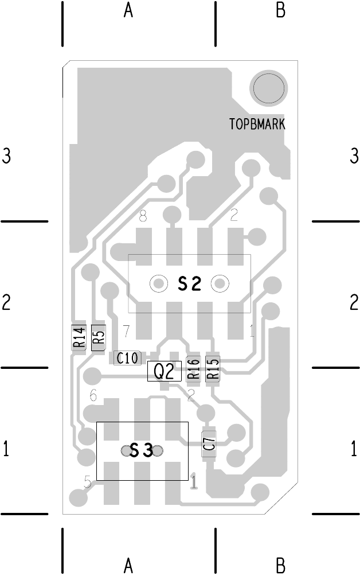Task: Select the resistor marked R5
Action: [99, 337]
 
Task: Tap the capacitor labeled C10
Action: [127, 359]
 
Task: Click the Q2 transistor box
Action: [164, 372]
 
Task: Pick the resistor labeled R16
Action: [193, 368]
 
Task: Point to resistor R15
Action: [213, 368]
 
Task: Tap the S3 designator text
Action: [141, 451]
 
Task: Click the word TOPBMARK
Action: [257, 124]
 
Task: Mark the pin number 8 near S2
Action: [143, 216]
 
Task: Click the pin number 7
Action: [126, 331]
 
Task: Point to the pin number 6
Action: [93, 396]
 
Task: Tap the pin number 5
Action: [88, 482]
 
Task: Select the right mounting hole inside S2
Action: [220, 283]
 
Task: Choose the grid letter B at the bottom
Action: [280, 566]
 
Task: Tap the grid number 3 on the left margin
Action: [6, 156]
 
